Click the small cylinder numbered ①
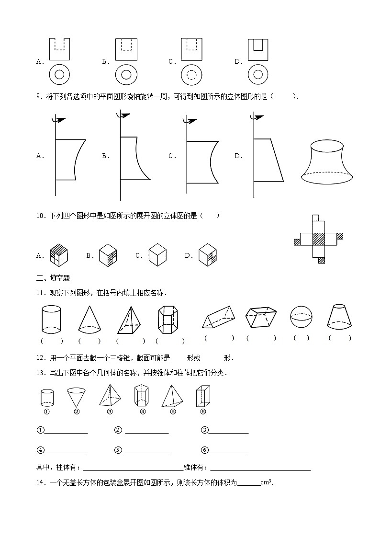point(47,398)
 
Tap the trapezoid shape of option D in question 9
point(268,160)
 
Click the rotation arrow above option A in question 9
point(59,121)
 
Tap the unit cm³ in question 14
point(266,483)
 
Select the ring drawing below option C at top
point(191,75)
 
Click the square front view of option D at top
point(257,49)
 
